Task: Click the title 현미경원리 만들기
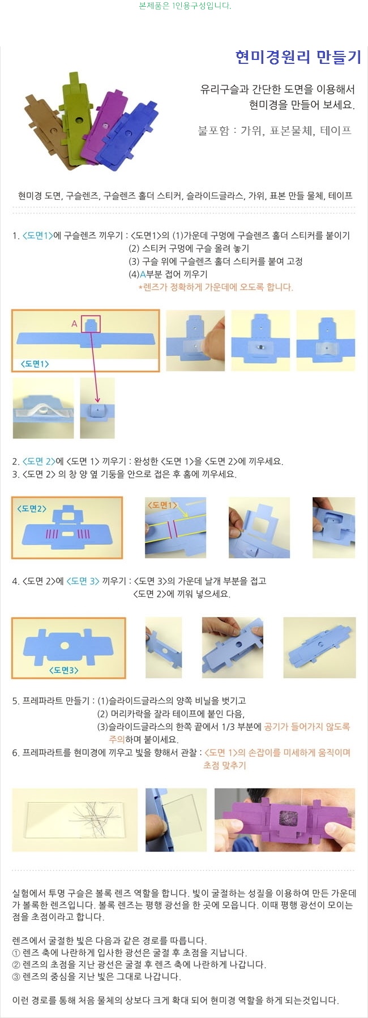pyautogui.click(x=298, y=57)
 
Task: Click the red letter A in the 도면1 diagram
pyautogui.click(x=74, y=323)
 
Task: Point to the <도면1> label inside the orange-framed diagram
pyautogui.click(x=35, y=364)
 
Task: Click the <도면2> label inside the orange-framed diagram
pyautogui.click(x=32, y=508)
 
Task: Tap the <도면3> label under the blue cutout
pyautogui.click(x=63, y=670)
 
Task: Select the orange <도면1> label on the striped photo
pyautogui.click(x=162, y=505)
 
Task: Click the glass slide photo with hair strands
pyautogui.click(x=75, y=819)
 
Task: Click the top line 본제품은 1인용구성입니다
pyautogui.click(x=185, y=6)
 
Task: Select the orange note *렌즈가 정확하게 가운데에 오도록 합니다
pyautogui.click(x=216, y=287)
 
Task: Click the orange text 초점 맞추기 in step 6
pyautogui.click(x=225, y=766)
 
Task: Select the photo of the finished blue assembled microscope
pyautogui.click(x=320, y=648)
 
